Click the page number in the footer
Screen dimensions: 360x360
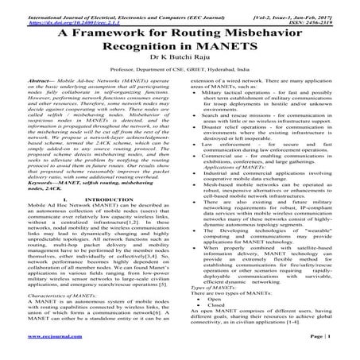[x=331, y=348]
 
